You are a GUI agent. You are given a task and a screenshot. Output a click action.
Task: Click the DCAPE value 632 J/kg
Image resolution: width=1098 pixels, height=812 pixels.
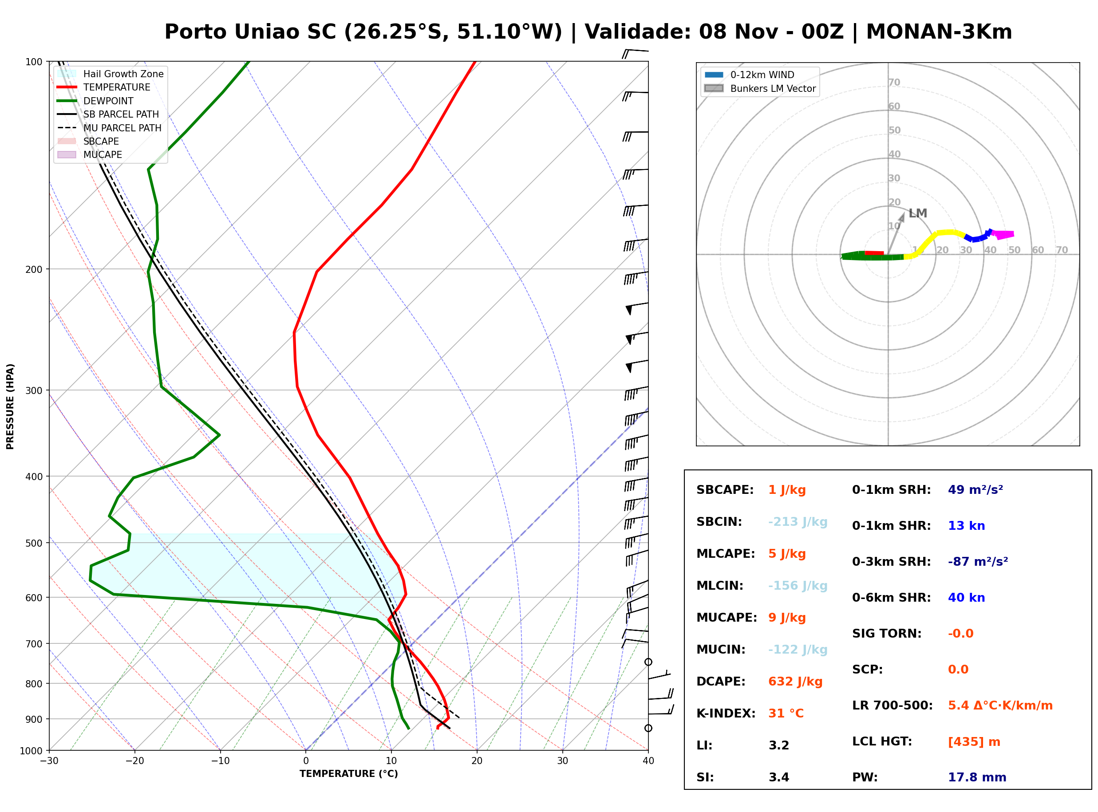[x=795, y=682]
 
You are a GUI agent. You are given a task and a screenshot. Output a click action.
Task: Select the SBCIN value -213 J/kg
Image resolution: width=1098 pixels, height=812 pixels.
[x=798, y=522]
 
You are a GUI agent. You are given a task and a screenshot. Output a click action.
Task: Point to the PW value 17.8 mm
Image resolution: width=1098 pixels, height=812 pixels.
[x=977, y=777]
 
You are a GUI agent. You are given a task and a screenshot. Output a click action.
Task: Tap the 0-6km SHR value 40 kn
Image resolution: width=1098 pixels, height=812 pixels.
[x=966, y=598]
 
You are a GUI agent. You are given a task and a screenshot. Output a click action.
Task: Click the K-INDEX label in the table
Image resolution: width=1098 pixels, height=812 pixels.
[x=726, y=713]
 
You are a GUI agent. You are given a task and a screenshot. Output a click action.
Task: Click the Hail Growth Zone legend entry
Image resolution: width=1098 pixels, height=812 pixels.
[x=111, y=74]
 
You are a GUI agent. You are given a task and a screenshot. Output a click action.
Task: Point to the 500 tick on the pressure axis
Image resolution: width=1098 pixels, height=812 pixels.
[x=34, y=543]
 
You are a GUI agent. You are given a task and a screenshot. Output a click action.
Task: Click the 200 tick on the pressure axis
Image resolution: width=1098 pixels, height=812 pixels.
[x=34, y=269]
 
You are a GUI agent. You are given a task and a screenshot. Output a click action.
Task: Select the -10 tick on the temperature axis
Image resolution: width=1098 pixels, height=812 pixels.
[x=220, y=761]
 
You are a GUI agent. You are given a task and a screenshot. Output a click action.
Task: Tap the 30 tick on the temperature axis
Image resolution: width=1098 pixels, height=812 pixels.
[x=563, y=761]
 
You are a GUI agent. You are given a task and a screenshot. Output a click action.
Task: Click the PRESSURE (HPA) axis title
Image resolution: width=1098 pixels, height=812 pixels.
[x=10, y=406]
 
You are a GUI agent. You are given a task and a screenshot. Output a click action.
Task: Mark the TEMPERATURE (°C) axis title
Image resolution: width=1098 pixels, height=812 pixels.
[x=349, y=774]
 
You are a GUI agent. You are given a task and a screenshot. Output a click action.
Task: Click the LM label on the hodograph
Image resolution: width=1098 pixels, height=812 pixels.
[x=918, y=213]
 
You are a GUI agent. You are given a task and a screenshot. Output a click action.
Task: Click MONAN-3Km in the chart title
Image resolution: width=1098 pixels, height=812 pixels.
[x=939, y=32]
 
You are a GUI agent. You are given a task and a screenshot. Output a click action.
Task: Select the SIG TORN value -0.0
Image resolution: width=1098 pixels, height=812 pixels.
[x=961, y=634]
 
